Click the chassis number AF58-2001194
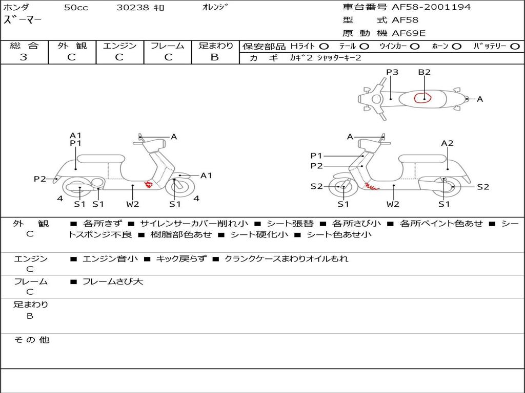click(x=431, y=7)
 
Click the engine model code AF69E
click(x=409, y=33)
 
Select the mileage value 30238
click(x=133, y=8)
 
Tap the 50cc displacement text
click(x=76, y=8)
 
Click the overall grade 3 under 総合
click(x=24, y=57)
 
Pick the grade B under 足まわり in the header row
click(x=215, y=57)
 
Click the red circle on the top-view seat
click(x=423, y=98)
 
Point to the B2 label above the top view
click(x=424, y=72)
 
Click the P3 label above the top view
click(x=392, y=72)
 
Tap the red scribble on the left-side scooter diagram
click(x=148, y=184)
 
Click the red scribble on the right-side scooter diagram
click(x=372, y=186)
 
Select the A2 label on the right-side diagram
click(x=447, y=143)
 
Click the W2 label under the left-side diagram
click(x=133, y=204)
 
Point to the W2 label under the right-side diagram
click(x=393, y=204)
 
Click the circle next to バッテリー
click(x=515, y=47)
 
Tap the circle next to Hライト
click(x=324, y=47)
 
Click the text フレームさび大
click(x=113, y=282)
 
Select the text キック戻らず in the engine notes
click(x=181, y=258)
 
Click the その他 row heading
click(x=31, y=340)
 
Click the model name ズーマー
click(x=23, y=20)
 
